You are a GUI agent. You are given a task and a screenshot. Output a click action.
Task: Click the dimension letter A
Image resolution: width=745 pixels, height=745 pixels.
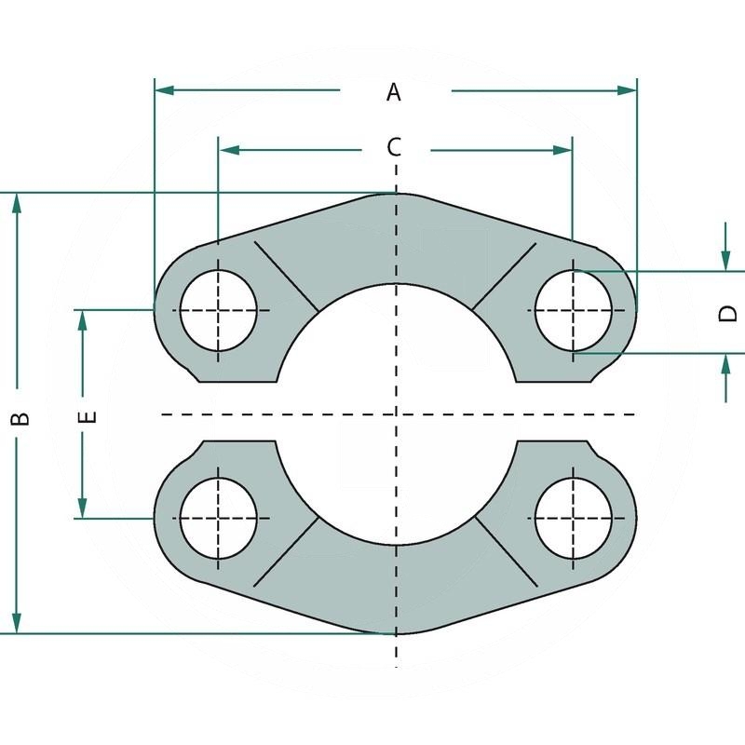point(394,91)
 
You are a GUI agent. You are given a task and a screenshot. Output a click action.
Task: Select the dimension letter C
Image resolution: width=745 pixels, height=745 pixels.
point(394,147)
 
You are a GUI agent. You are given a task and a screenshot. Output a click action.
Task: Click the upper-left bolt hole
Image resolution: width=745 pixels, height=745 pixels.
point(218,309)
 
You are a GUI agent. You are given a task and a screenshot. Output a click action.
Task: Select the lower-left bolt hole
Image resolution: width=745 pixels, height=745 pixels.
point(218,518)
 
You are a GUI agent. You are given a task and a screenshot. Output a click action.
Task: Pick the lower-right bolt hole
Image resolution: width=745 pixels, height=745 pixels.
point(574,518)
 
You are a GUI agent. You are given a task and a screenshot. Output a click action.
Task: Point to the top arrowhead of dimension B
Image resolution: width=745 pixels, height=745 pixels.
point(16,204)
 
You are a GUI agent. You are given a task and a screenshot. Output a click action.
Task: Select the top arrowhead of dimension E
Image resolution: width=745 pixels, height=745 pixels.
point(83,320)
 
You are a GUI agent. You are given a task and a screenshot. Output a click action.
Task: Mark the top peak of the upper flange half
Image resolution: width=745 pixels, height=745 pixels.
point(397,194)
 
